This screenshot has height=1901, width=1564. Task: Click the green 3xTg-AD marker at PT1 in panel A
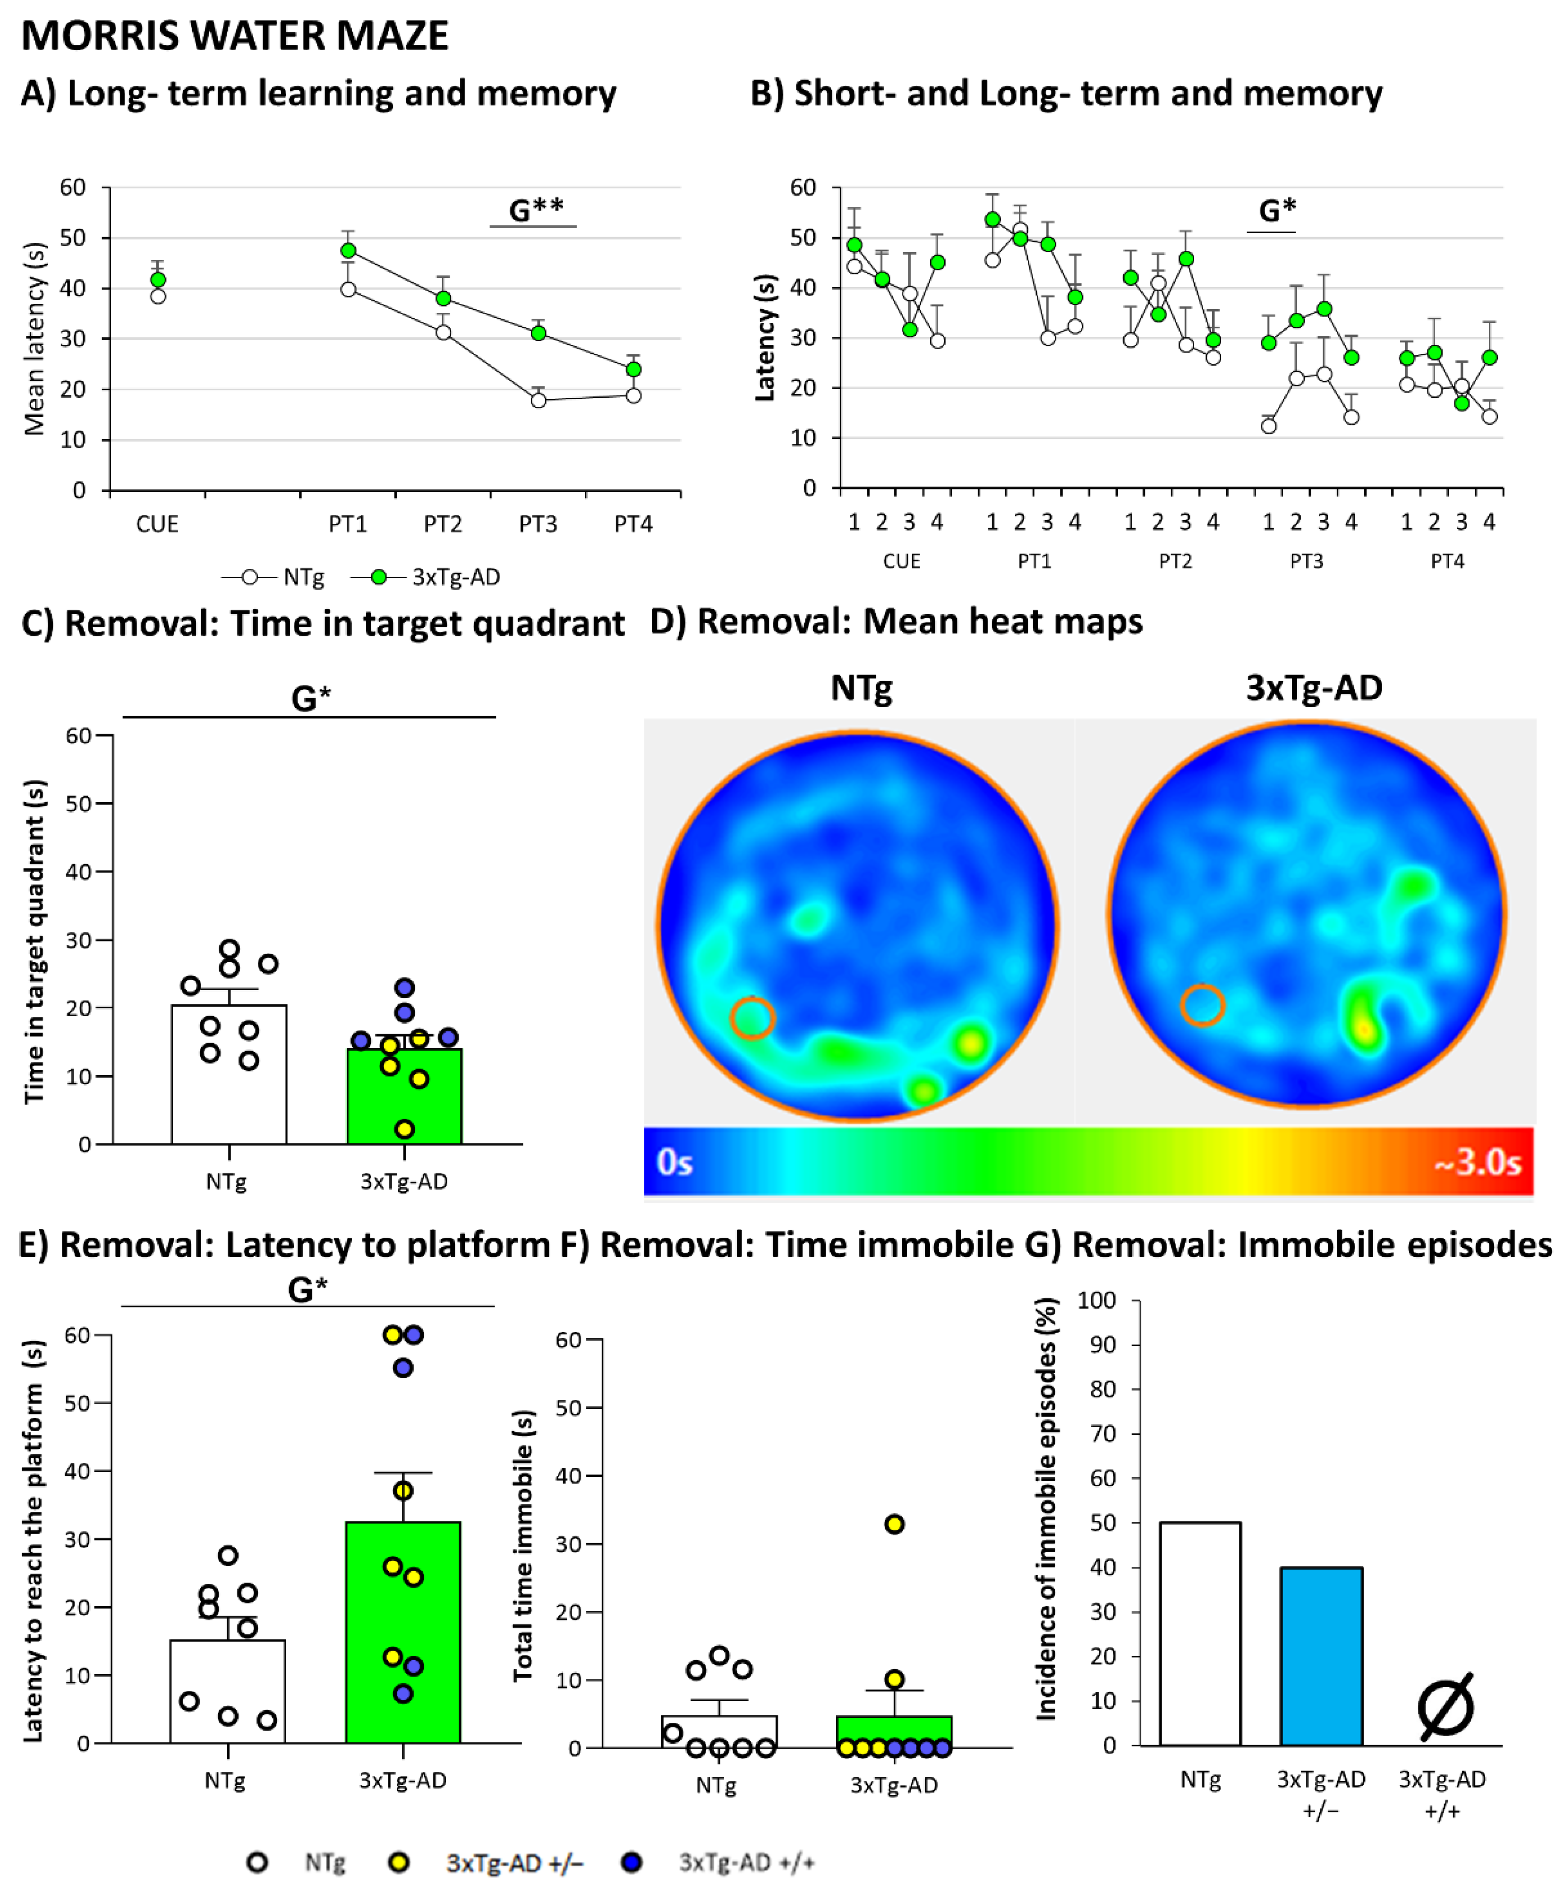pyautogui.click(x=349, y=250)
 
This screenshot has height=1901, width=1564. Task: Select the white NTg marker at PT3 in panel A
pyautogui.click(x=539, y=400)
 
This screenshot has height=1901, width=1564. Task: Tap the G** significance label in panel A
pyautogui.click(x=536, y=210)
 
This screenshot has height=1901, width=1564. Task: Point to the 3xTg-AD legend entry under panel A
pyautogui.click(x=455, y=577)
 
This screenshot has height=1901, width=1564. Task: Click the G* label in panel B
pyautogui.click(x=1277, y=211)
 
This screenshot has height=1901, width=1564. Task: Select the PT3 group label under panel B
pyautogui.click(x=1307, y=561)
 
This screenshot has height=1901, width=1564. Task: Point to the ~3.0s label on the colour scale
pyautogui.click(x=1478, y=1162)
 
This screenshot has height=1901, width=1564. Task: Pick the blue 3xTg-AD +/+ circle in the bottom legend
pyautogui.click(x=632, y=1862)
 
